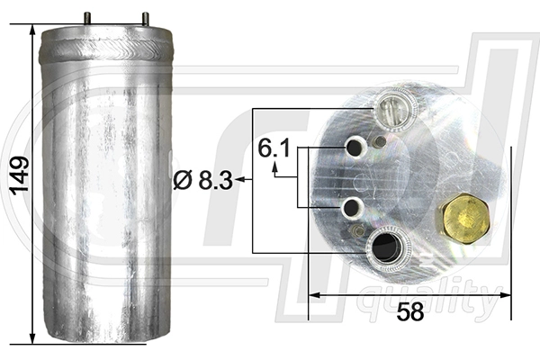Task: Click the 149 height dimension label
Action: click(19, 175)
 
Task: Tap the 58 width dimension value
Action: click(409, 312)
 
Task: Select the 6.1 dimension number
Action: click(274, 148)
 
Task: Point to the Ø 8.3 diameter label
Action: click(202, 180)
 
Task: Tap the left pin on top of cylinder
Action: click(87, 18)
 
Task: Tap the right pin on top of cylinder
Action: click(146, 18)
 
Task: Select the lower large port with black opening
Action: click(388, 247)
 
